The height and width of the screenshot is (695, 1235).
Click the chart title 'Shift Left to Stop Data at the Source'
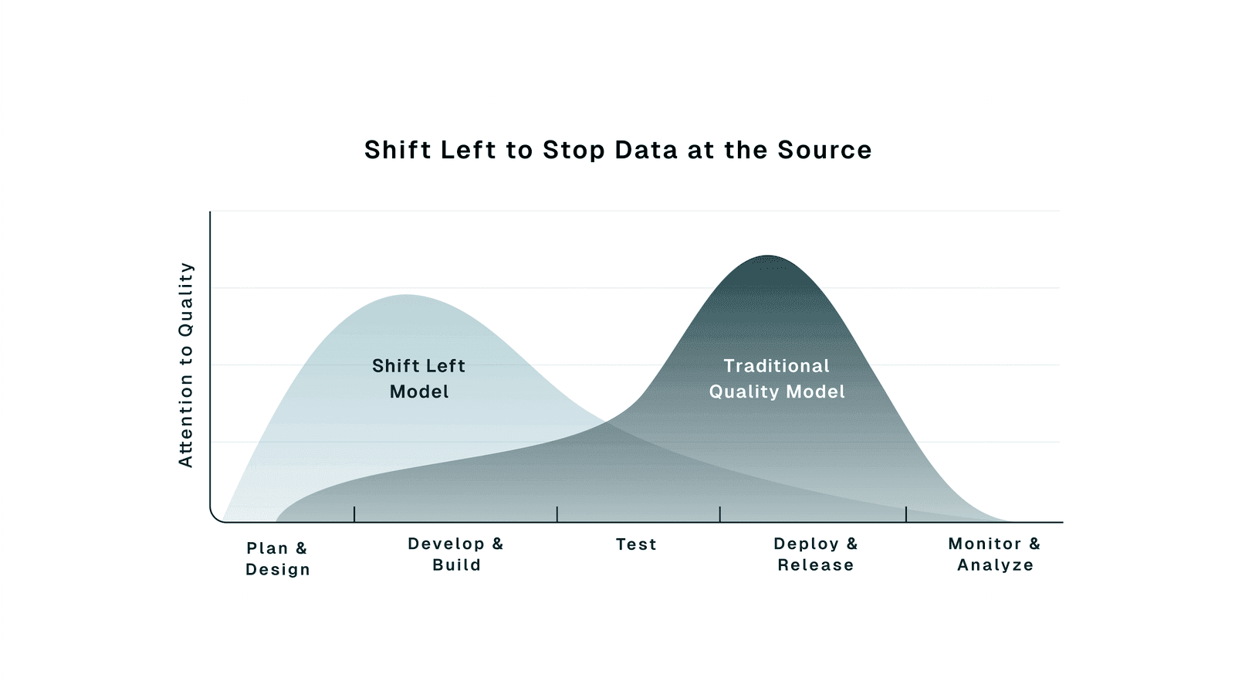(617, 150)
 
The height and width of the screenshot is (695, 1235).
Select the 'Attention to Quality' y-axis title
(186, 364)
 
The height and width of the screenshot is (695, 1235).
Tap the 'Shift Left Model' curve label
(418, 378)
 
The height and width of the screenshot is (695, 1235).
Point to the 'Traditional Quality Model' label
(777, 378)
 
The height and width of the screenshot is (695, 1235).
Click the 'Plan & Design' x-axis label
(277, 558)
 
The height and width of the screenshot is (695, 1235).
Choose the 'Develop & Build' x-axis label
(455, 554)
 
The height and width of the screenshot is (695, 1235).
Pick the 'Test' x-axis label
(636, 544)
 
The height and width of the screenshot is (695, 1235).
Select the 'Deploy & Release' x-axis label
(815, 554)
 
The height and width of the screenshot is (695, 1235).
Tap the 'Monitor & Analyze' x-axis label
(994, 554)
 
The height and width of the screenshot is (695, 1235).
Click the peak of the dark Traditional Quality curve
(767, 256)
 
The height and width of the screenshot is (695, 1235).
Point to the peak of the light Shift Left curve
(406, 296)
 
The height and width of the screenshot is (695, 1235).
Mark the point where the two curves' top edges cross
(608, 422)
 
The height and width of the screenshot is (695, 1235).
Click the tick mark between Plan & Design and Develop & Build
(354, 514)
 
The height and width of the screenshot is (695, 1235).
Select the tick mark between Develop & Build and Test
(557, 514)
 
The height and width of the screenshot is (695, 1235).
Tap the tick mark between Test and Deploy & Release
(720, 514)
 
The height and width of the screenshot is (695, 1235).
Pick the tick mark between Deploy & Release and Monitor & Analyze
(906, 514)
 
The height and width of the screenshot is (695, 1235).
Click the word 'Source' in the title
(824, 150)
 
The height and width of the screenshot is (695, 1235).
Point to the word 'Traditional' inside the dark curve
(777, 366)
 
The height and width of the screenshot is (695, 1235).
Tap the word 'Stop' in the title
(574, 150)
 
